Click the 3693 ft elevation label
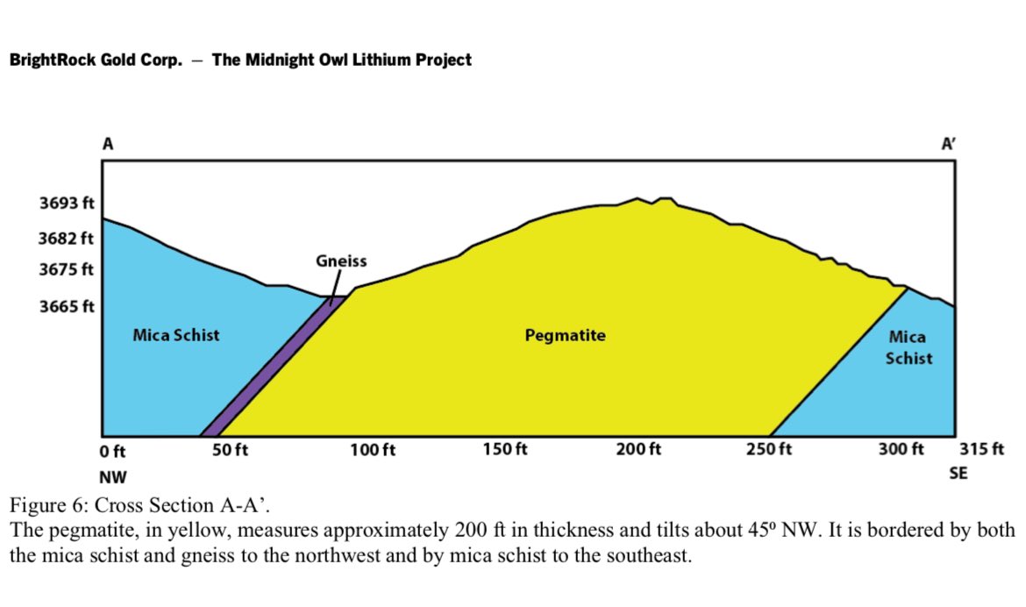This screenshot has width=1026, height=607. [x=67, y=203]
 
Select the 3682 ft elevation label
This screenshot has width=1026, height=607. [x=66, y=239]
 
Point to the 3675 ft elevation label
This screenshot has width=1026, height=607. [x=66, y=269]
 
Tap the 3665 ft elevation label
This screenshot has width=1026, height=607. [x=67, y=306]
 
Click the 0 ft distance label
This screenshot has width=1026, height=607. [x=112, y=451]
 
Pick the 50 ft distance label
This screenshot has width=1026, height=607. [x=231, y=450]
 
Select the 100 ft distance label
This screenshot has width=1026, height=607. [x=373, y=450]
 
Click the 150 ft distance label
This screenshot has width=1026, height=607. [x=505, y=449]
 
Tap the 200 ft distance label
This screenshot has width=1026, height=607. [x=638, y=449]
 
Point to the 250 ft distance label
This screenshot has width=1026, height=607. [x=769, y=449]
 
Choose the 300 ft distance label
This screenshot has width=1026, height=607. [x=901, y=449]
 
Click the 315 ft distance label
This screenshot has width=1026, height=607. [x=981, y=449]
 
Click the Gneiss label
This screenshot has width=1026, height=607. [x=341, y=261]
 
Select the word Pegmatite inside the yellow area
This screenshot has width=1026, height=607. [x=566, y=335]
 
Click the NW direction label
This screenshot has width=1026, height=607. [x=112, y=476]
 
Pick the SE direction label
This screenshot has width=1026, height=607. [x=958, y=474]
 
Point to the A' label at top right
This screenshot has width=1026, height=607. [x=949, y=143]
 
